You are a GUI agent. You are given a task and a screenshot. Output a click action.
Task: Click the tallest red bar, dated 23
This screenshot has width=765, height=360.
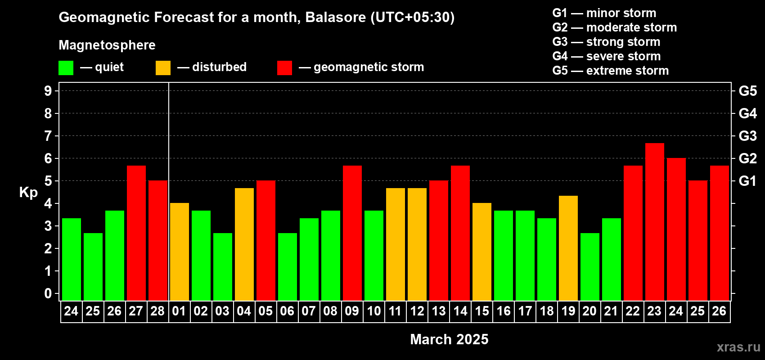(655, 222)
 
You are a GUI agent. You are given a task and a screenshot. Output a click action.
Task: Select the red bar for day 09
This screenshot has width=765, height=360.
(352, 233)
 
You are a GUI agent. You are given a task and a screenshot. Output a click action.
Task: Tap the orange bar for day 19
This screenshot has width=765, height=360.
(568, 248)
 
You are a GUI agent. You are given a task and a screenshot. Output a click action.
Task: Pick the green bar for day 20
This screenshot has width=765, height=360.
(590, 267)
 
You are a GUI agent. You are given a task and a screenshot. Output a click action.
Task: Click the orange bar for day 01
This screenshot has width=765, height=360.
(179, 252)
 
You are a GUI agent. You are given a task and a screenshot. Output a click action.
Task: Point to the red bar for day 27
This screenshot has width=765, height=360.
(136, 233)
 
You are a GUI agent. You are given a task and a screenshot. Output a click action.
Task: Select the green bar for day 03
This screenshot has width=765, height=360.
(223, 267)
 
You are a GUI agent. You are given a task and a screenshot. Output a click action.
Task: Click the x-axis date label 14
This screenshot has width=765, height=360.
(460, 311)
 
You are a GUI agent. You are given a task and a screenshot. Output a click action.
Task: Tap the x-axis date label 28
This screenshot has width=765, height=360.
(157, 311)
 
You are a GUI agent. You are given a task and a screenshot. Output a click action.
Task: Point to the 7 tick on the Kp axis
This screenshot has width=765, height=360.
(48, 136)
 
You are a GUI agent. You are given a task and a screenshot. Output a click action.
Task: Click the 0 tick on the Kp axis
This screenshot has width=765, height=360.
(48, 293)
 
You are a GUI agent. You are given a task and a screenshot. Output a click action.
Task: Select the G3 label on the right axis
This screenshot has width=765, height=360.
(747, 136)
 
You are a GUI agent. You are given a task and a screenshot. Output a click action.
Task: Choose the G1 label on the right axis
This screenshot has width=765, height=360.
(747, 181)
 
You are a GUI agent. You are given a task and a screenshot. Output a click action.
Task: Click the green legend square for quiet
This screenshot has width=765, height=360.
(66, 67)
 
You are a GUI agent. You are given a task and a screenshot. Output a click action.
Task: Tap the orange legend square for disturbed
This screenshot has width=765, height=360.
(163, 67)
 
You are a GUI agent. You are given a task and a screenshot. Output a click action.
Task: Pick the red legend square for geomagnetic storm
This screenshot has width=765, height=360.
(285, 67)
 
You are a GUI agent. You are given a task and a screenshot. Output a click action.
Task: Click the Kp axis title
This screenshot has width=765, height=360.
(28, 193)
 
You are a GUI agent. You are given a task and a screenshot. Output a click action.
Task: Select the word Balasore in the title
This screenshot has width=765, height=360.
(335, 17)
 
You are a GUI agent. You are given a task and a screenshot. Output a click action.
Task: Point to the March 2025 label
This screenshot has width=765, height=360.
(449, 339)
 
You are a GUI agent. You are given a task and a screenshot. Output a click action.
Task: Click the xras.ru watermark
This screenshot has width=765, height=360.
(739, 347)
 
